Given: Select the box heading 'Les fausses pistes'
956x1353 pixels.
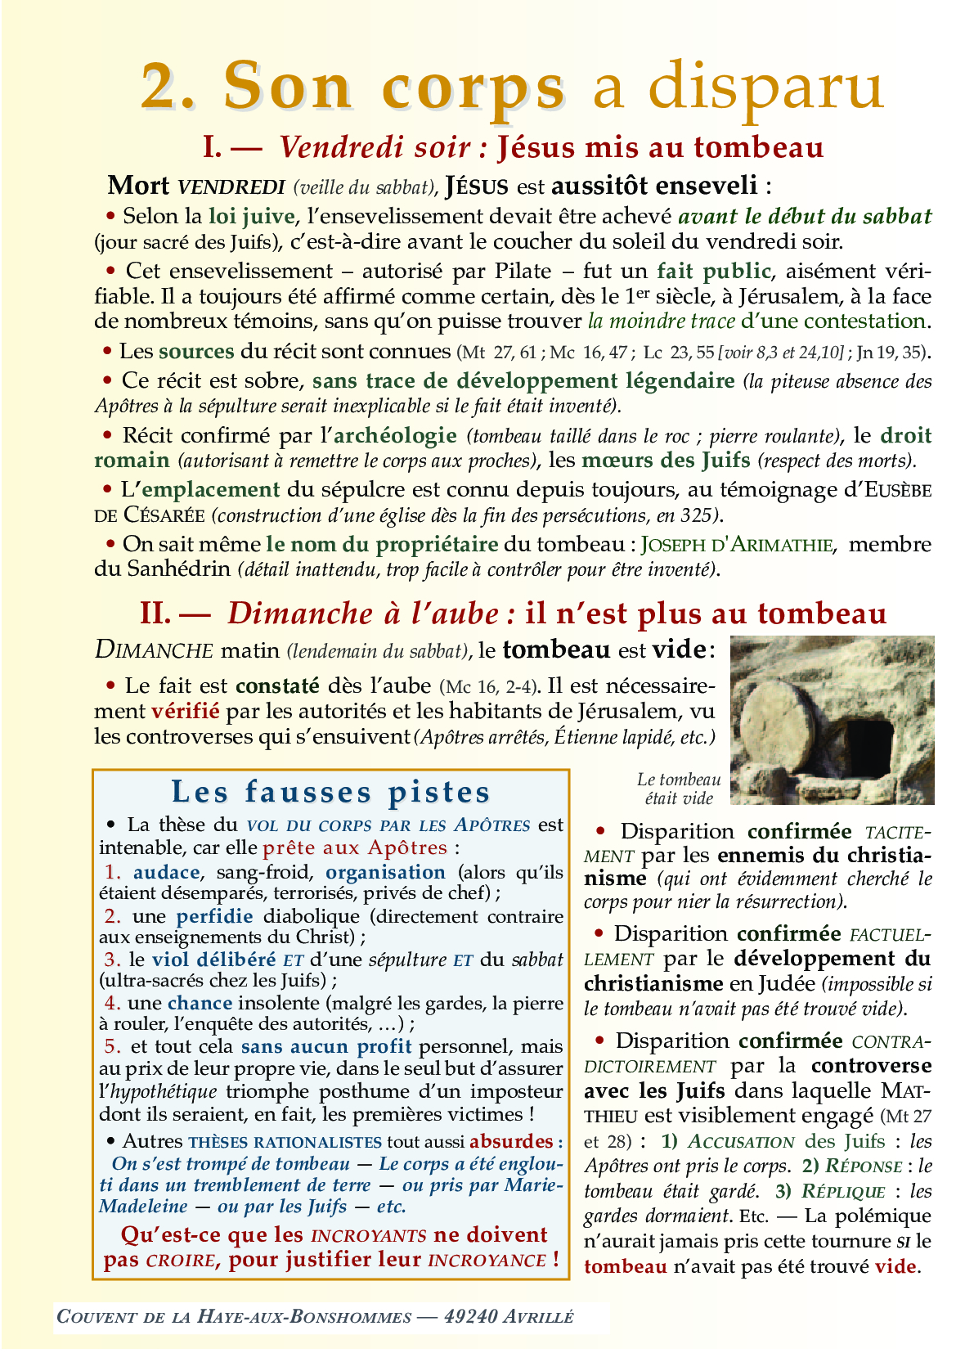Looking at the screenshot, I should [x=330, y=792].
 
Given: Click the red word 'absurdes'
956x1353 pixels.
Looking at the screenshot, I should [x=510, y=1141].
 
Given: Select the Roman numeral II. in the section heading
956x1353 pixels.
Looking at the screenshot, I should [x=158, y=614].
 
